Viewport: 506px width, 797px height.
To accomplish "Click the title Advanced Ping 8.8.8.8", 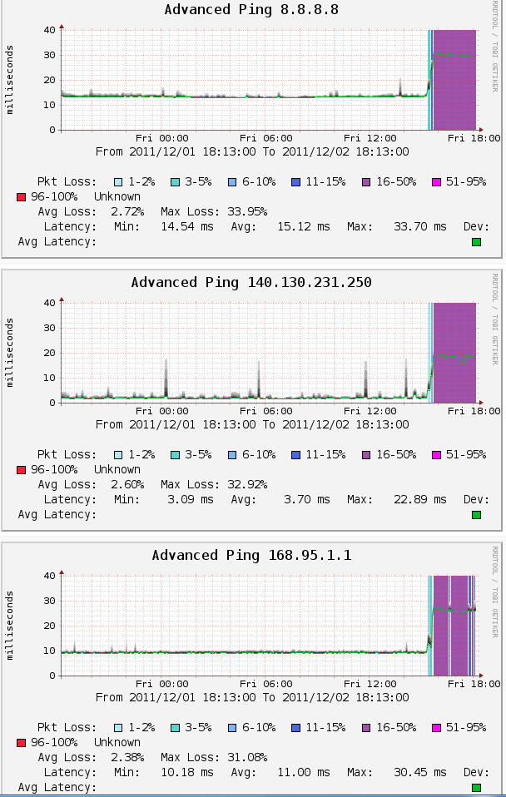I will point(251,10).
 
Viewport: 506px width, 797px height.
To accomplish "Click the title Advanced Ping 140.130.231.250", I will point(251,283).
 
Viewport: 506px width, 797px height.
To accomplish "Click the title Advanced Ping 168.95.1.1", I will point(251,555).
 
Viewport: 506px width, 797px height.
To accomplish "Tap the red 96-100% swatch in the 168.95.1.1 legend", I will point(22,742).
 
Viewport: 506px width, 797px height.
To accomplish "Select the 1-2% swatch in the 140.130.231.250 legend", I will point(118,454).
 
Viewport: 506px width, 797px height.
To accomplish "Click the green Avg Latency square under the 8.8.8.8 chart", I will point(477,242).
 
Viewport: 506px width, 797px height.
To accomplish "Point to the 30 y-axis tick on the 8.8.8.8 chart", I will point(49,55).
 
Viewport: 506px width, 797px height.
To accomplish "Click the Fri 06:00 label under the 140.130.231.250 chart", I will point(265,410).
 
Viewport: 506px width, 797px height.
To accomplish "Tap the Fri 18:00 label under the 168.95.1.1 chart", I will point(474,683).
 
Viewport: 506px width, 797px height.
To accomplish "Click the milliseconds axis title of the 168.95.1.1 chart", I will point(11,626).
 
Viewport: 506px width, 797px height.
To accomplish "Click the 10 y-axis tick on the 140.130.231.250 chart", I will point(49,378).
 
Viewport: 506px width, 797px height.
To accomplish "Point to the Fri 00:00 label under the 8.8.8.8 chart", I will point(162,137).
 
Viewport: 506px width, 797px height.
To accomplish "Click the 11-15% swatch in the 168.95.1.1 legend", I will point(296,727).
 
